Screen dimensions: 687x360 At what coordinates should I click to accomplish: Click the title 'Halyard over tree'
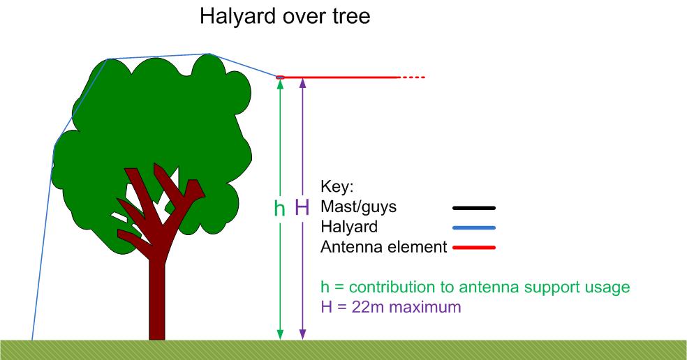pos(285,16)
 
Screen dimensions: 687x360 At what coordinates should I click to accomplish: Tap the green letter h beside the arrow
pos(279,208)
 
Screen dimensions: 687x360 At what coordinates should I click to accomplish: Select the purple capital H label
pos(302,207)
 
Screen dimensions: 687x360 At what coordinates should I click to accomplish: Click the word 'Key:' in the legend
pos(337,186)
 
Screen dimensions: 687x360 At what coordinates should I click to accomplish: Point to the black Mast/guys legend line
pos(474,208)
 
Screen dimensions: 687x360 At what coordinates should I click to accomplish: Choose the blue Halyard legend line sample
pos(474,227)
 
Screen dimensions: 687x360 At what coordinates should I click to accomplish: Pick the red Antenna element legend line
pos(474,248)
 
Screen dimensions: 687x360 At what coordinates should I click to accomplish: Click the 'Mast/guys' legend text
pos(358,207)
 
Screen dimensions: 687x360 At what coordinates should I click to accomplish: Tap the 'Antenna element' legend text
pos(384,247)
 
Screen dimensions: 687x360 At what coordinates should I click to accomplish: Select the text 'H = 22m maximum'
pos(391,306)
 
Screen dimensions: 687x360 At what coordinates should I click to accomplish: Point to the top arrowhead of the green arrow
pos(281,84)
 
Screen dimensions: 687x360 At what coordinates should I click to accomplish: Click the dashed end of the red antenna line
pos(413,77)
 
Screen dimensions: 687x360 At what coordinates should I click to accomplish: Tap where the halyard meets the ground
pos(32,339)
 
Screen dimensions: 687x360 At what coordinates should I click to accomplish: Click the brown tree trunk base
pos(157,333)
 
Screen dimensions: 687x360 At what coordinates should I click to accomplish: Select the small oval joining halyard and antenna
pos(281,77)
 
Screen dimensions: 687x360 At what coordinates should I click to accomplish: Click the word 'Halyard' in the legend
pos(349,227)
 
